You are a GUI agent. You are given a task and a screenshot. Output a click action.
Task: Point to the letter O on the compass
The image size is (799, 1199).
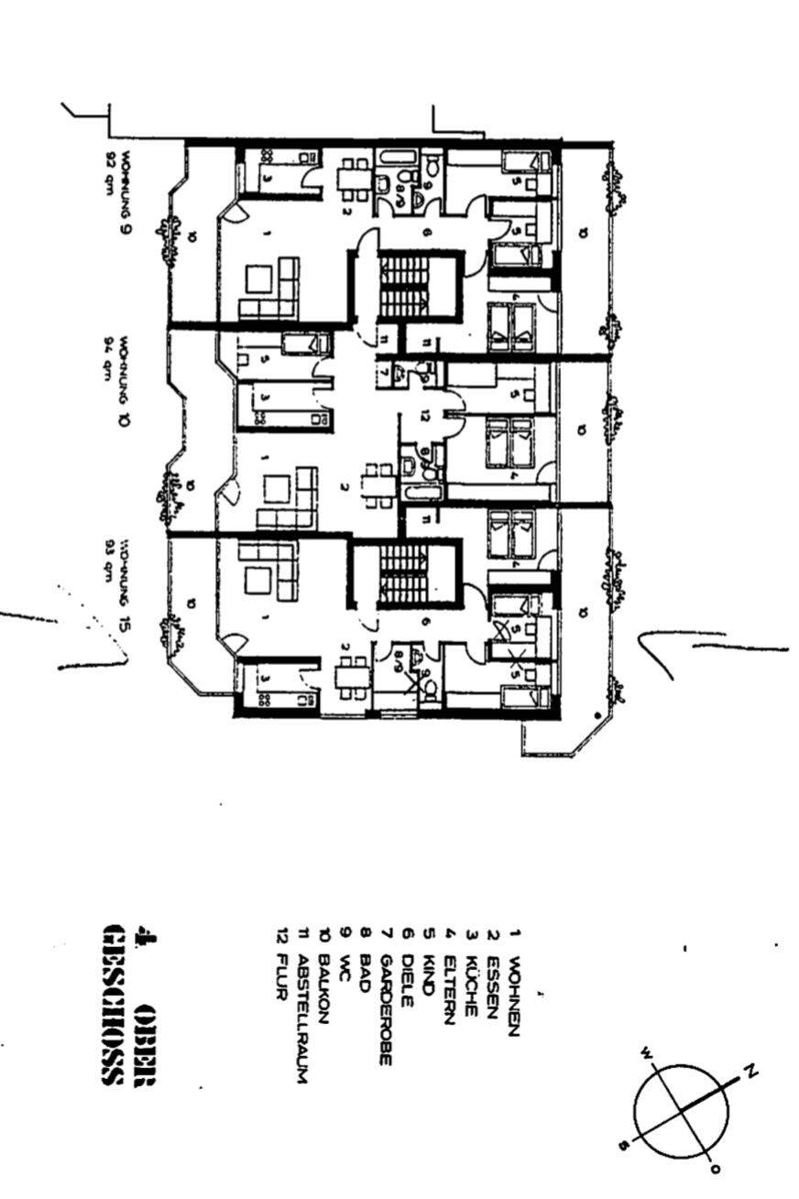coord(716,1169)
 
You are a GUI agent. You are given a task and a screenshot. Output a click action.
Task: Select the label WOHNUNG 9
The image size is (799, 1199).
coord(126,193)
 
